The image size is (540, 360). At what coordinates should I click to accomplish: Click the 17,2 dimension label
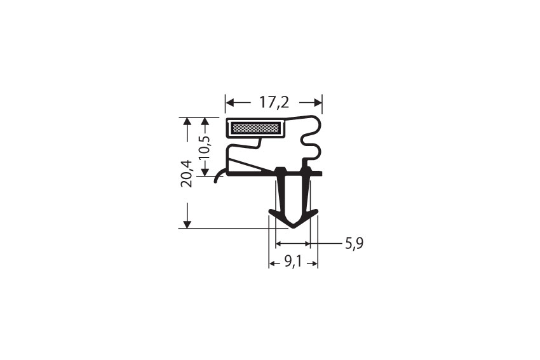point(274,102)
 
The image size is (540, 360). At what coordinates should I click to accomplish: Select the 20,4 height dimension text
point(187,173)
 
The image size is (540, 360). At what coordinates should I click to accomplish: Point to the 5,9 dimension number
point(354,244)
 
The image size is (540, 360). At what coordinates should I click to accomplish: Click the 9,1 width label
point(293,263)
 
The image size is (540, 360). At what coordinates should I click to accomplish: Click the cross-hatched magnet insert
point(256,128)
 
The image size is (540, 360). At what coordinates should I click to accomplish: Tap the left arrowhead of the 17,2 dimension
point(230,102)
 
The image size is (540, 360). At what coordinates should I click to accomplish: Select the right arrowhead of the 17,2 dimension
point(318,102)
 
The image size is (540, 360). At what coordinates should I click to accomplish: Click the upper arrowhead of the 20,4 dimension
point(187,121)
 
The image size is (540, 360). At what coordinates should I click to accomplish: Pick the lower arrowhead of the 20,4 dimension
point(187,224)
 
